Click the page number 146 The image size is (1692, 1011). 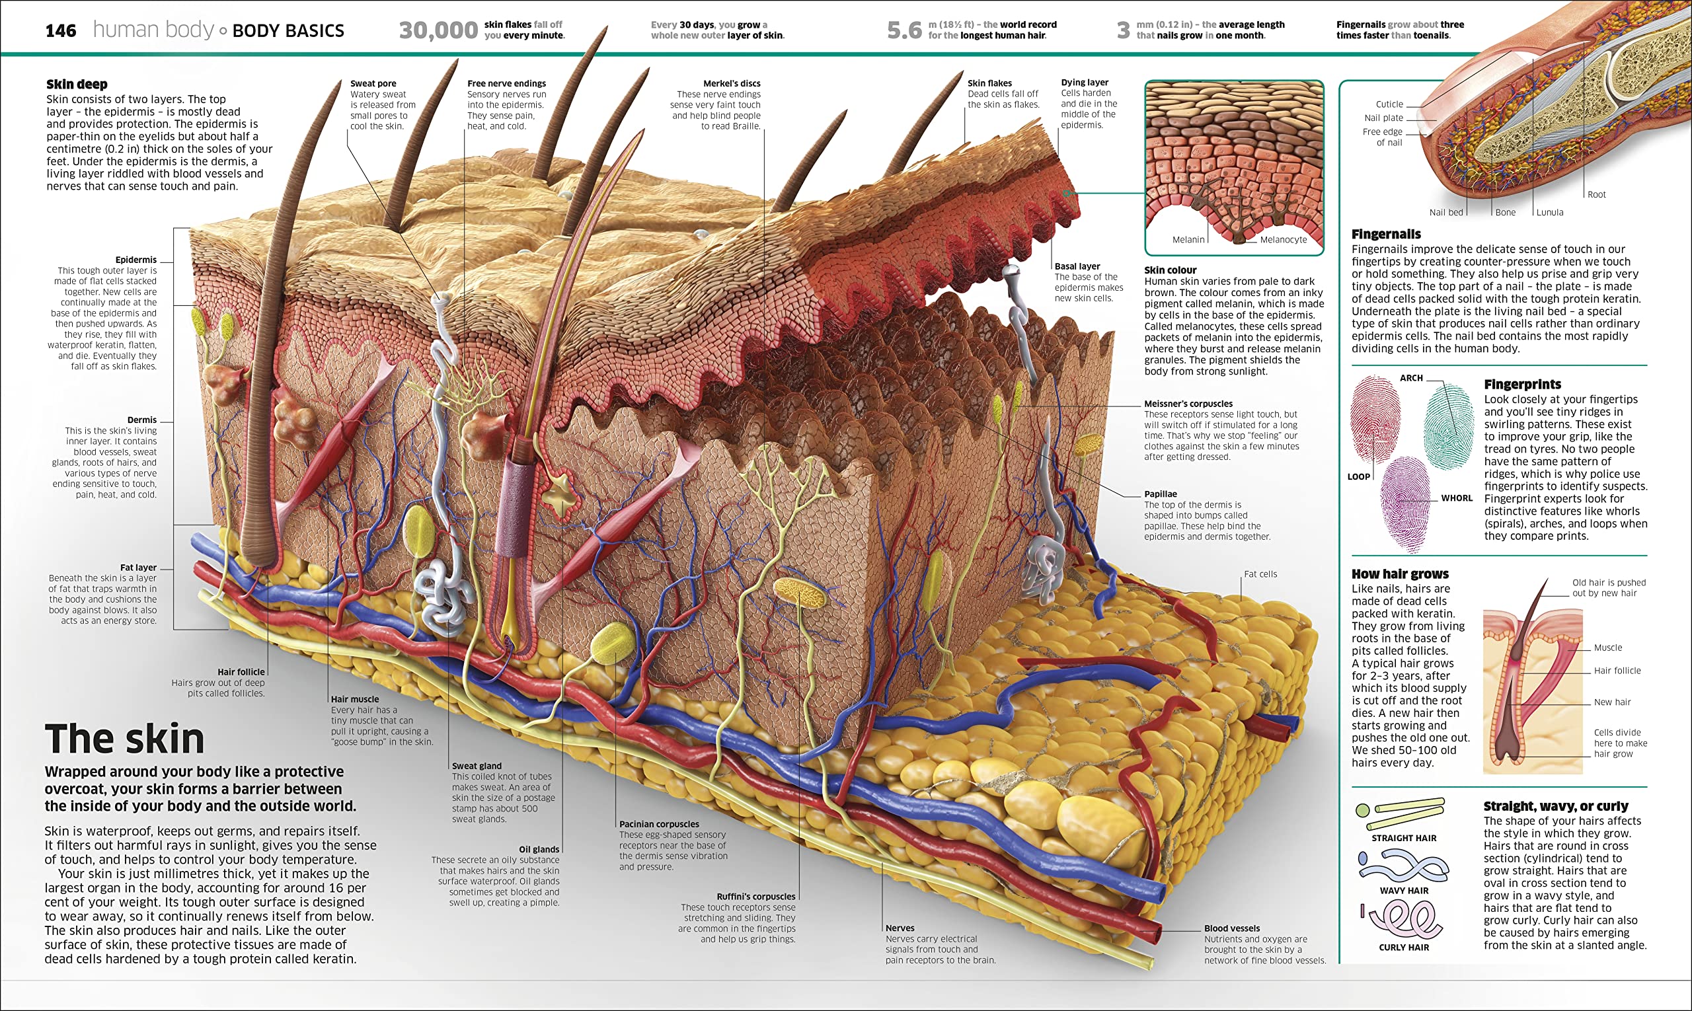(61, 30)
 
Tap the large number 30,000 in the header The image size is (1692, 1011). (438, 30)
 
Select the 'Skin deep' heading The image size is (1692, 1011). (77, 85)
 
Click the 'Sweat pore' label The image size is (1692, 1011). (373, 83)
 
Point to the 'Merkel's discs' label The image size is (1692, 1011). (732, 83)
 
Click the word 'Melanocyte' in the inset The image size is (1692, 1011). (1283, 240)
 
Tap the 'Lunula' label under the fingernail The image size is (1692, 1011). (1550, 213)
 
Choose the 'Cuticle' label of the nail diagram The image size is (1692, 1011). (1389, 104)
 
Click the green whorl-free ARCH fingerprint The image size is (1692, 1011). (1449, 426)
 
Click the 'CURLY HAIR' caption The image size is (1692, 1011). (1404, 948)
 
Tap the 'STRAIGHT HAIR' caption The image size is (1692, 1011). (1404, 839)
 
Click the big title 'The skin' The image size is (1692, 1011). (125, 739)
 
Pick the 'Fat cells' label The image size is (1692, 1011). (1260, 574)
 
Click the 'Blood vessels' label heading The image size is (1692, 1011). (1231, 928)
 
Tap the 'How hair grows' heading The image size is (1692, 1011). (1400, 574)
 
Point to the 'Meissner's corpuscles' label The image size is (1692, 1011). (1188, 404)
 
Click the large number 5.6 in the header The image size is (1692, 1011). (904, 30)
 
